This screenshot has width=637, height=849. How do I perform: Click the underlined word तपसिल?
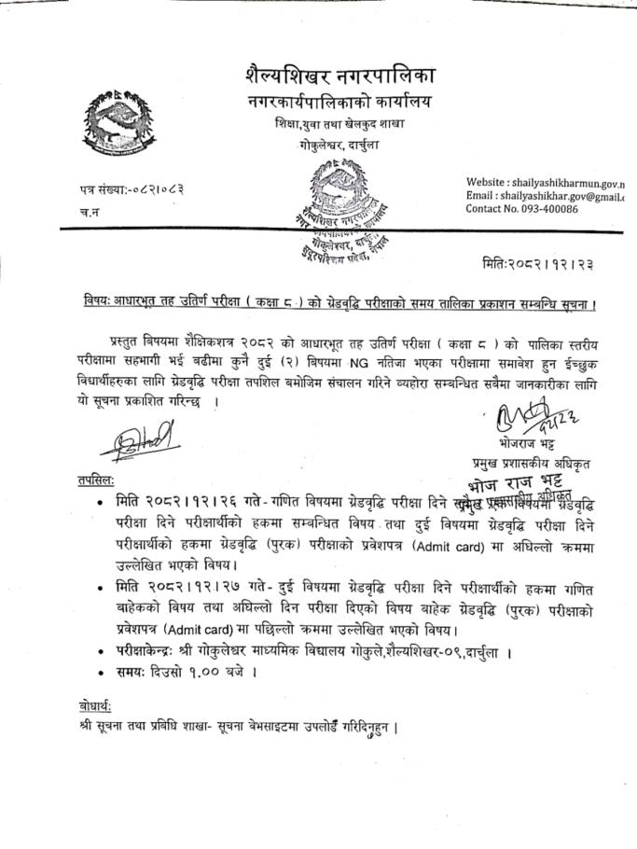click(x=96, y=479)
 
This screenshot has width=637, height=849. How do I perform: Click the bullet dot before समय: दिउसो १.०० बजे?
click(x=100, y=671)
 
